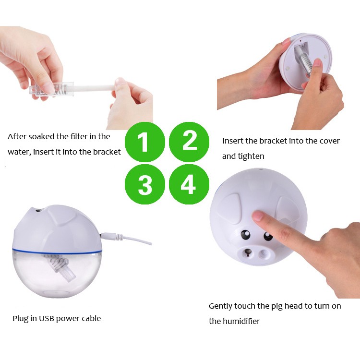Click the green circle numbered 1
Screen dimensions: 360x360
(145, 142)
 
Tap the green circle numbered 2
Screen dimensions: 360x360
(189, 142)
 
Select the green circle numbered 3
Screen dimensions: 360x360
(145, 184)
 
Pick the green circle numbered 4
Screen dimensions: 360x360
(189, 184)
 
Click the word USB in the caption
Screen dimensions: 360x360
(47, 318)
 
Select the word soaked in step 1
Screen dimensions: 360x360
(42, 136)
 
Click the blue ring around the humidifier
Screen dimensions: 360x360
(57, 252)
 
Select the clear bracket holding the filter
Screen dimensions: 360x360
(51, 89)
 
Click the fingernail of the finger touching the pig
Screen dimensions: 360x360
(258, 216)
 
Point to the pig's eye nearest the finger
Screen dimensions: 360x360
(268, 236)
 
